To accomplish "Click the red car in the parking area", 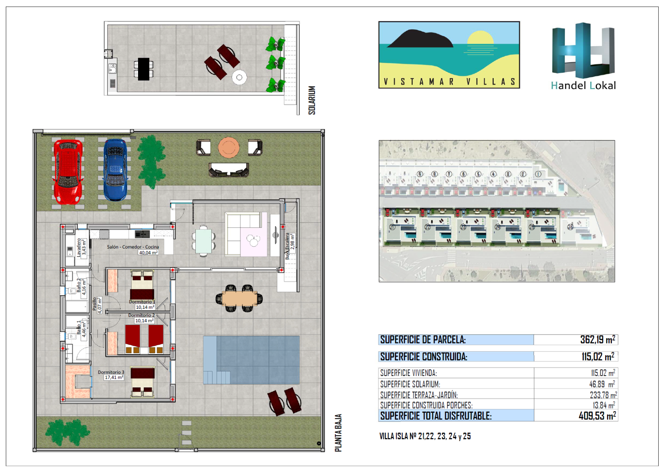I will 68,172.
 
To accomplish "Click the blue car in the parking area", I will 115,170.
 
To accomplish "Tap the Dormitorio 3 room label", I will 111,372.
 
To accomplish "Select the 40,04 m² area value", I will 148,253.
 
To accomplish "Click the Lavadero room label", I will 79,247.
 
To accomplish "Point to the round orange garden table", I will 229,147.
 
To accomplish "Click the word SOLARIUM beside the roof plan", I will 312,100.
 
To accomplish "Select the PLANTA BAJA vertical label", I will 339,433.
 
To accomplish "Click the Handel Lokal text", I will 583,86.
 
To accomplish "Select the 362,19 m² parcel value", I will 597,340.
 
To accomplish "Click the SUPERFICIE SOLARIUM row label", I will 410,384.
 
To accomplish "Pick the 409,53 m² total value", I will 597,415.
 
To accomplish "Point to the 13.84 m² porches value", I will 604,405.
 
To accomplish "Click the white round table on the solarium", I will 239,77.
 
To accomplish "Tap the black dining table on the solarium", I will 143,69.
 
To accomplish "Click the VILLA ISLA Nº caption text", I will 425,436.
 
